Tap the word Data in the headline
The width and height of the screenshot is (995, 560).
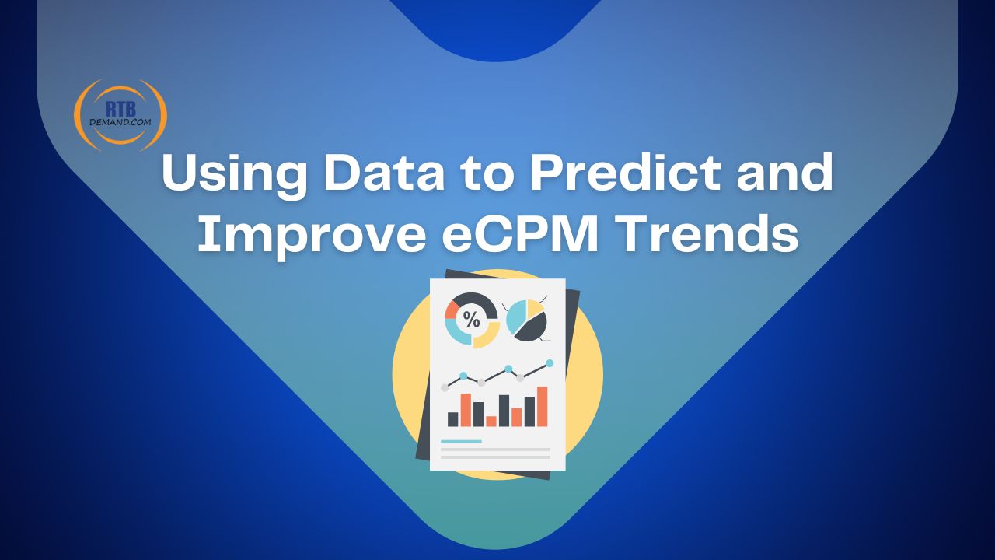tap(385, 172)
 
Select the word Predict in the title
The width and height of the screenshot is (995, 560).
tap(625, 172)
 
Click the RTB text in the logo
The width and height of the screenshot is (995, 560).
tap(120, 109)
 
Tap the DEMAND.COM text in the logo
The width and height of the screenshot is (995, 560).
tap(120, 122)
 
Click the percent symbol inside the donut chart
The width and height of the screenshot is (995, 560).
tap(471, 319)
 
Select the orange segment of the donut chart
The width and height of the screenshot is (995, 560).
tap(452, 310)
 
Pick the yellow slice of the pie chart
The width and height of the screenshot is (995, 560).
tap(536, 307)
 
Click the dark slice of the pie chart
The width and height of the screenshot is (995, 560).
tap(532, 328)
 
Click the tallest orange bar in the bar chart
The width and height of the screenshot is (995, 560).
tap(543, 406)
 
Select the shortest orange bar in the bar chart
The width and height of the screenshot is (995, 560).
tap(491, 422)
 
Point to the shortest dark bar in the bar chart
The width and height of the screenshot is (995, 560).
tap(452, 419)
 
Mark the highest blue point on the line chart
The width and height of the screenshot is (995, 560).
tap(550, 363)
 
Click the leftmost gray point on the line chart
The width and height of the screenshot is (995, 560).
tap(445, 387)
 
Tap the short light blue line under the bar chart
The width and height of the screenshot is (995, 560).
tap(461, 441)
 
